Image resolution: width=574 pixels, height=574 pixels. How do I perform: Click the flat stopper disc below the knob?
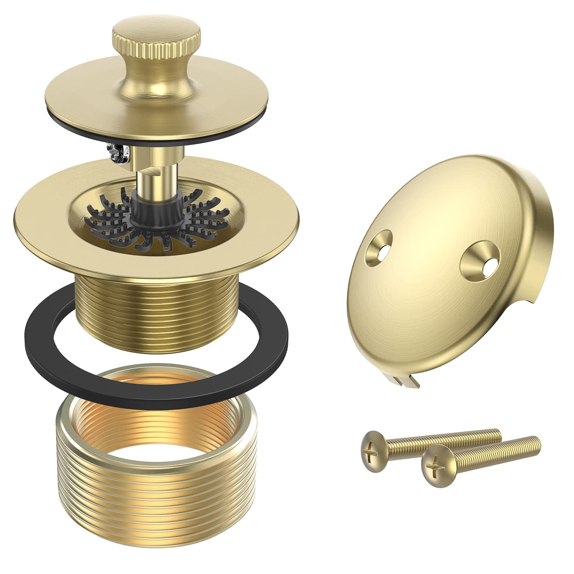108,108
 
